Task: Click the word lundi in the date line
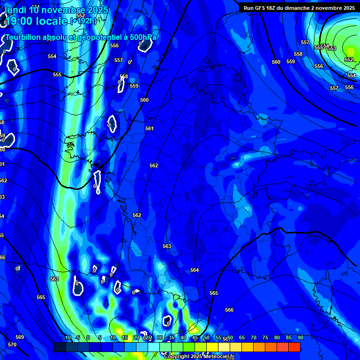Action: pos(15,10)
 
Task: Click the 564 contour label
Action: pos(195,270)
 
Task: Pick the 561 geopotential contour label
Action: pos(150,128)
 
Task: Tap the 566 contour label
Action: pos(229,310)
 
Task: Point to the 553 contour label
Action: pos(332,48)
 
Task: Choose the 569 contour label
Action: pos(20,337)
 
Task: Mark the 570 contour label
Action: pos(12,345)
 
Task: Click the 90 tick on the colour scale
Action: pos(300,337)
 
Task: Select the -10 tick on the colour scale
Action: pos(67,337)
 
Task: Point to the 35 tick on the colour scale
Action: pos(171,337)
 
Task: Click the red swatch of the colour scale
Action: pos(294,347)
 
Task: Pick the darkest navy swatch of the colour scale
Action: pos(60,347)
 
